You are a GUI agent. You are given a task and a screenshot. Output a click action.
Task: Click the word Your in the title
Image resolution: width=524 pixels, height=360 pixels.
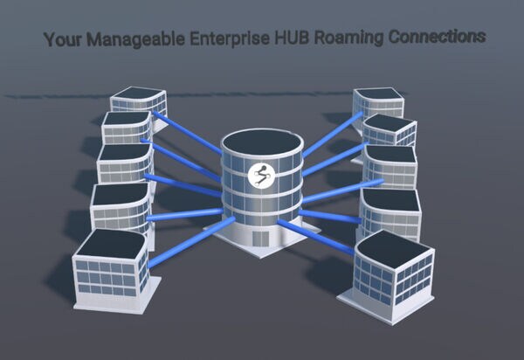tap(63, 38)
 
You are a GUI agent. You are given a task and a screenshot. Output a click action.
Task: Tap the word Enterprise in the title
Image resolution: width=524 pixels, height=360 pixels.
tap(230, 38)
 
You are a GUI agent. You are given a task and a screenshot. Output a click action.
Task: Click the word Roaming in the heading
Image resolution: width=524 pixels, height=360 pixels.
tap(348, 37)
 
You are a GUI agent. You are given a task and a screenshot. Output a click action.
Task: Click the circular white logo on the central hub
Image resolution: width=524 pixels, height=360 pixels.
tap(261, 175)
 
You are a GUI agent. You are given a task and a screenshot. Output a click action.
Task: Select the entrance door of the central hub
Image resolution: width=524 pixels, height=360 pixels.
tap(260, 238)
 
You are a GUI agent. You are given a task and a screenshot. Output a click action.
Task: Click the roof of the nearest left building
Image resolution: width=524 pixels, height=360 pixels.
tap(113, 244)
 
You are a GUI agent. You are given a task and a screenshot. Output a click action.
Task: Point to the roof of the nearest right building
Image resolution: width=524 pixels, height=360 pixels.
tap(393, 248)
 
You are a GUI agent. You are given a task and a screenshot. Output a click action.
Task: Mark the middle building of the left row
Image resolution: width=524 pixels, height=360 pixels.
tap(125, 164)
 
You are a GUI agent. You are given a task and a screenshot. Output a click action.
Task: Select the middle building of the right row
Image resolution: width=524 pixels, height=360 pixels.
tap(391, 167)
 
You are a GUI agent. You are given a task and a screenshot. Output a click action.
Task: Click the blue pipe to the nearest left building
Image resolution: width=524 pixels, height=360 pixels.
tap(191, 241)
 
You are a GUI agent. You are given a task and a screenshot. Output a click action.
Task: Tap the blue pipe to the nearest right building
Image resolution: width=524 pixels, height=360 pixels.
tap(316, 236)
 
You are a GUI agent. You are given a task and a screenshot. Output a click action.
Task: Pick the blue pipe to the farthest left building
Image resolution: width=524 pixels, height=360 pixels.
tap(187, 133)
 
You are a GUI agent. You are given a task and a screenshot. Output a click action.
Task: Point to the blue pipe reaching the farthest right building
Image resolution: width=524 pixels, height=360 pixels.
tap(333, 135)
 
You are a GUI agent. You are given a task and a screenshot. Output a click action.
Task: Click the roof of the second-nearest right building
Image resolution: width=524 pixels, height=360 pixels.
tap(391, 200)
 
